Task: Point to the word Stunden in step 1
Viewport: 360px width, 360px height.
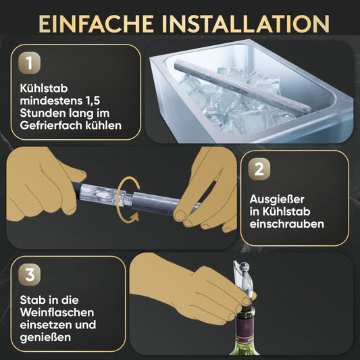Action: (x=41, y=113)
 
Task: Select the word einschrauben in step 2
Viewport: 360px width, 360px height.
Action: (x=287, y=225)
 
